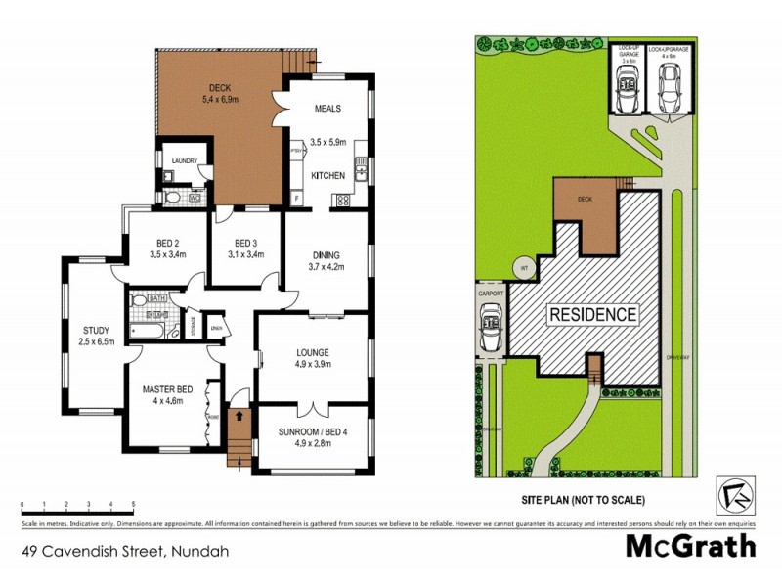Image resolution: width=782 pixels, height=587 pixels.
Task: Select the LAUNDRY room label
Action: pos(185,161)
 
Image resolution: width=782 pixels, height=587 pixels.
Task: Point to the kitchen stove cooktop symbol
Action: pos(344,200)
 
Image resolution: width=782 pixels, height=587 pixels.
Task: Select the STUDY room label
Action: pos(96,330)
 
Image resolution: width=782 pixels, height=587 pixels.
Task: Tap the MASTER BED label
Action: pos(167,388)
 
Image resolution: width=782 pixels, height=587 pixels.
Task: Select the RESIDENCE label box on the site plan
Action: pos(592,314)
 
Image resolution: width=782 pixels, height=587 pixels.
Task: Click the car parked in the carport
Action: pos(490,325)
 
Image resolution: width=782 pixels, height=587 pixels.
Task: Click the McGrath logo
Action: pos(690,546)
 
